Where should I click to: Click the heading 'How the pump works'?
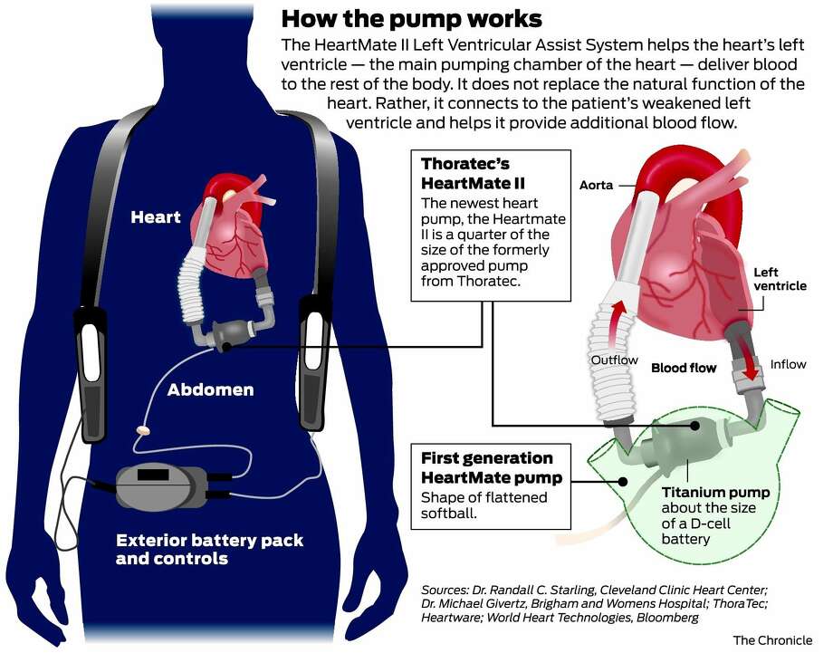point(412,17)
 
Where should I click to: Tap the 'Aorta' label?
point(596,185)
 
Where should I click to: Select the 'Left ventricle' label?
point(780,279)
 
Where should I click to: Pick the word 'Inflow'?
point(787,364)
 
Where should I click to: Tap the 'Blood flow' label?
point(684,368)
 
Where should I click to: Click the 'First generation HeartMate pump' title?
point(491,467)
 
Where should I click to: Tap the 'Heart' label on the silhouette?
point(156,217)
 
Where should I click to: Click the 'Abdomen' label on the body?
point(210,390)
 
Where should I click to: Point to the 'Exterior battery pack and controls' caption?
point(209,549)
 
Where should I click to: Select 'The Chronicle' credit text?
point(771,639)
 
